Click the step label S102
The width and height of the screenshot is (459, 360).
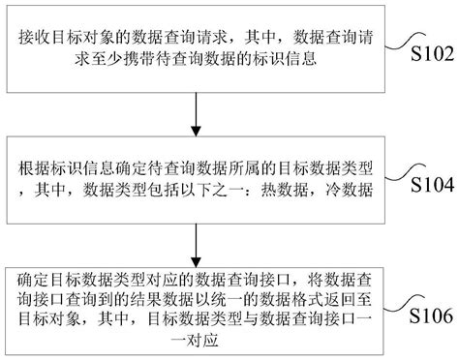(x=425, y=53)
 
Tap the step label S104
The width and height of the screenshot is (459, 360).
(x=425, y=184)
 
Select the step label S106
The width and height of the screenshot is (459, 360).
(x=425, y=315)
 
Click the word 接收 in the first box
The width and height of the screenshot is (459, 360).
(x=35, y=35)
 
